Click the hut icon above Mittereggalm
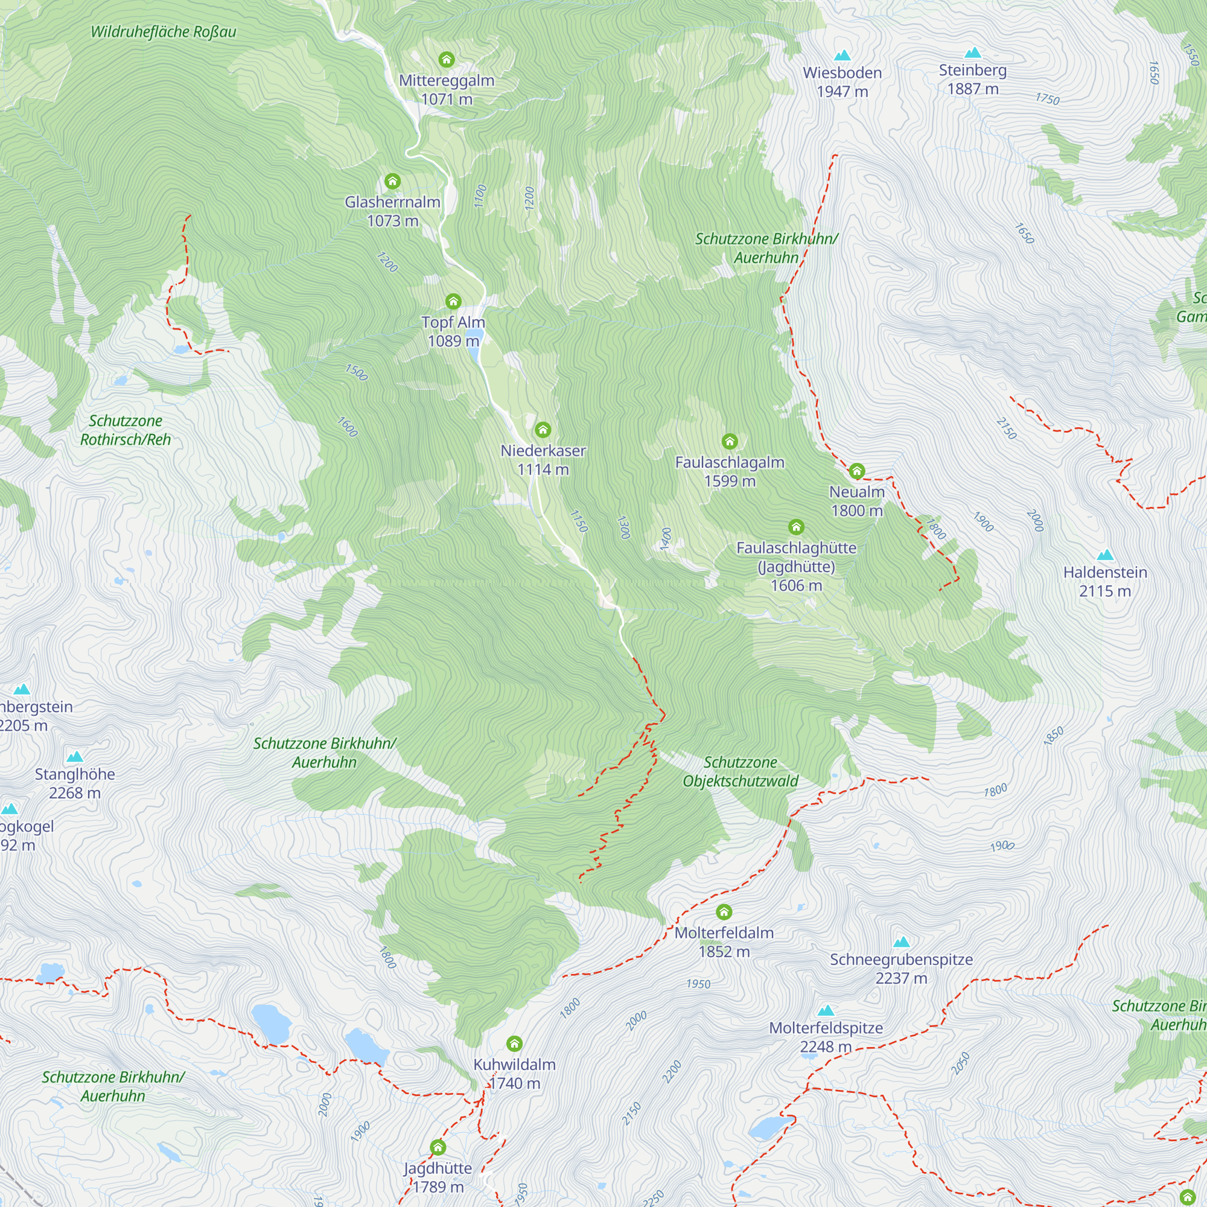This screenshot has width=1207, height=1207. [x=446, y=60]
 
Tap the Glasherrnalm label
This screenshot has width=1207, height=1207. [x=392, y=211]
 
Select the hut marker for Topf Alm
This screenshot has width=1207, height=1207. [x=453, y=302]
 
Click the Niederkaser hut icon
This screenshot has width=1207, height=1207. [x=543, y=430]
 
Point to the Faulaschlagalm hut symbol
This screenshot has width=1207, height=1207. [x=730, y=442]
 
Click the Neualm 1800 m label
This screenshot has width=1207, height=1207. [x=856, y=501]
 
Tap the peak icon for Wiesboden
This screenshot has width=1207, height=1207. [x=842, y=56]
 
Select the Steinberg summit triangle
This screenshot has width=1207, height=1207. [x=973, y=53]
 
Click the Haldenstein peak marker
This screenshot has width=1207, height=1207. [x=1105, y=555]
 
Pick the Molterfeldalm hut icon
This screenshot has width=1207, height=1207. [x=724, y=912]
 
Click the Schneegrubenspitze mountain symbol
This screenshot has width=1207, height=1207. [x=901, y=942]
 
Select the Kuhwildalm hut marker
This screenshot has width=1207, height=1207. [x=514, y=1044]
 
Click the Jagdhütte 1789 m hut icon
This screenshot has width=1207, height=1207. [x=438, y=1148]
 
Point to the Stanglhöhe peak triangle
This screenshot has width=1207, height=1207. [x=75, y=757]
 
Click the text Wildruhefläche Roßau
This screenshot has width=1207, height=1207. [x=163, y=32]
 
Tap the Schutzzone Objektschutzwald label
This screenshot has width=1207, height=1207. [x=740, y=771]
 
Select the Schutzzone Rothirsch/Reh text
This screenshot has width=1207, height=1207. [x=125, y=430]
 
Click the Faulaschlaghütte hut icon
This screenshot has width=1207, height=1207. [x=796, y=527]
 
